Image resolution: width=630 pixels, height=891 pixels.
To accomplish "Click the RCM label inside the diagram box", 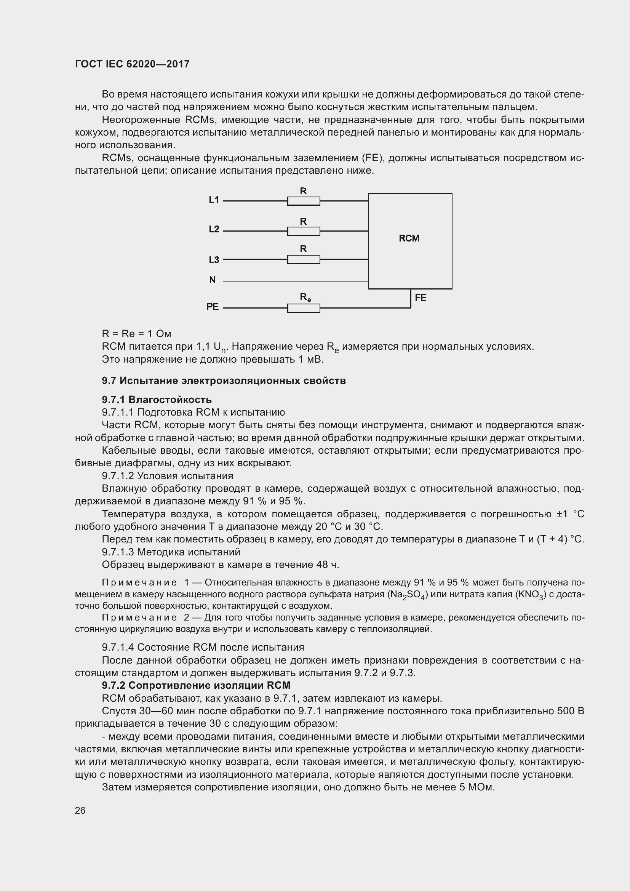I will (409, 238).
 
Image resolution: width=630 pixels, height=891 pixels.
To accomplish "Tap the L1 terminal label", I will (214, 200).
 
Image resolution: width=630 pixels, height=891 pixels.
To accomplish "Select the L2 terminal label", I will (214, 229).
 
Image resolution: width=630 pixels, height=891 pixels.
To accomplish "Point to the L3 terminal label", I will (214, 260).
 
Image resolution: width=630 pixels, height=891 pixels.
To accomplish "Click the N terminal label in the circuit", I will (212, 280).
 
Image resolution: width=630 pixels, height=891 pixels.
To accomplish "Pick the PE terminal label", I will (213, 307).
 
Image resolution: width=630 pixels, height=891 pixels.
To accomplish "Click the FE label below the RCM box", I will (421, 298).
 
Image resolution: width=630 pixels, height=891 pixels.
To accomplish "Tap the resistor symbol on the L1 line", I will (303, 201).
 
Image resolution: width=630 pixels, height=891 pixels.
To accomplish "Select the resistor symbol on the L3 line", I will (303, 259).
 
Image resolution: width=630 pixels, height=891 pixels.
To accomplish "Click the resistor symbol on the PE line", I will (303, 308).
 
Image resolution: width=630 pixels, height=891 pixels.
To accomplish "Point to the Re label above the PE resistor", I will (305, 297).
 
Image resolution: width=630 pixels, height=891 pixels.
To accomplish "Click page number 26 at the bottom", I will (80, 811).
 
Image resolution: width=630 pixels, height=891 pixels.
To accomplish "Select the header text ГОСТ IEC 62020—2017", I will (132, 64).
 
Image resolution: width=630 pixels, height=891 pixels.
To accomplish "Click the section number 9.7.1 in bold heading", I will (113, 400).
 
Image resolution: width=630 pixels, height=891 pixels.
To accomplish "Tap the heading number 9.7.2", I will (113, 685).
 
